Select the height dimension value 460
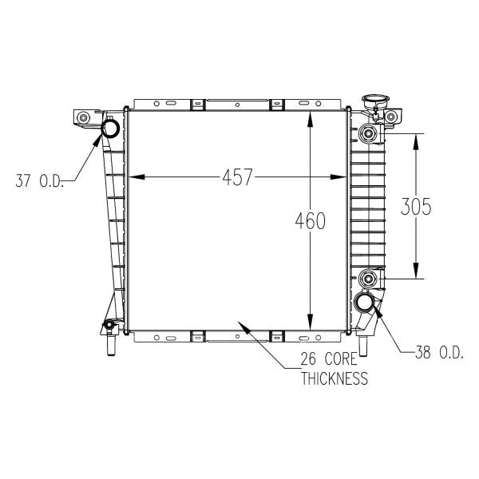tap(310, 221)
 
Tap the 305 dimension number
tap(415, 207)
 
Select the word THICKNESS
tap(335, 378)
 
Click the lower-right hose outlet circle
tap(366, 303)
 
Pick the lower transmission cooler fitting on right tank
tap(368, 279)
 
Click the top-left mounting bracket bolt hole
tap(82, 118)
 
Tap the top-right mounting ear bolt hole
tap(390, 118)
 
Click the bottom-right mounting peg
tap(364, 346)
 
